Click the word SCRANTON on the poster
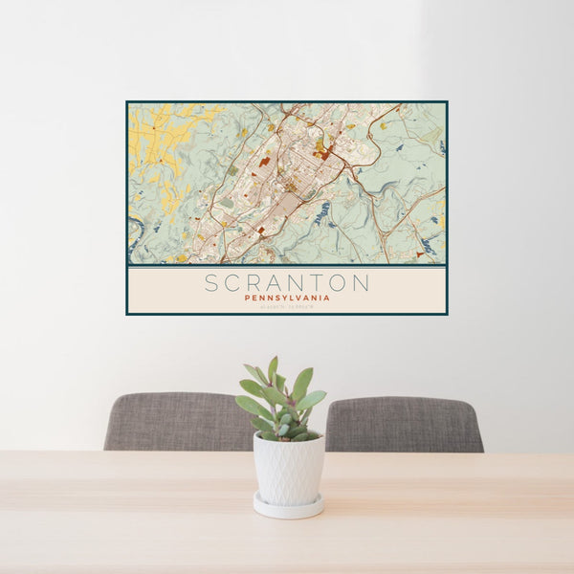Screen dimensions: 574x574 click(x=287, y=282)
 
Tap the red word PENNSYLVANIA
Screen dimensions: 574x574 click(x=287, y=298)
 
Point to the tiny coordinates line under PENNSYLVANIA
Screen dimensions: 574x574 click(x=287, y=306)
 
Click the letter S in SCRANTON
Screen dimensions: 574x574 click(x=211, y=282)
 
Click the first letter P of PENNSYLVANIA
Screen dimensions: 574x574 click(x=247, y=298)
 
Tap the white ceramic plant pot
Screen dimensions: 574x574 click(x=288, y=469)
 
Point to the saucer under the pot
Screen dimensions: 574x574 click(x=288, y=507)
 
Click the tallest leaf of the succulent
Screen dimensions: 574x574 click(x=273, y=369)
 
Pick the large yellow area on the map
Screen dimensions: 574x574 click(x=158, y=143)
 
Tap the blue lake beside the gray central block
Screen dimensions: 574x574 click(x=322, y=212)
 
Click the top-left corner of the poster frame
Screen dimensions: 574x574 click(x=127, y=102)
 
